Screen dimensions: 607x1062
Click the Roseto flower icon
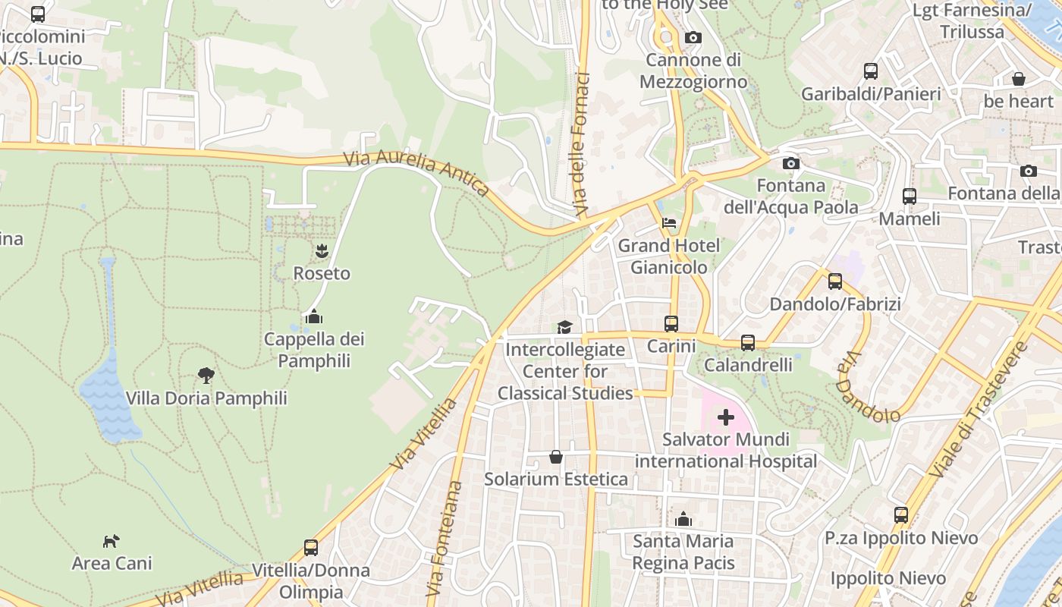tap(322, 250)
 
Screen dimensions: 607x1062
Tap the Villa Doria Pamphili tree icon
tap(206, 375)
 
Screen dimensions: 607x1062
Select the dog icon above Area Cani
tap(112, 541)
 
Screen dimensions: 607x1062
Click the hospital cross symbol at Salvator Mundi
tap(726, 417)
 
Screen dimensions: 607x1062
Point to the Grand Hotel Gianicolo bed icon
tap(669, 223)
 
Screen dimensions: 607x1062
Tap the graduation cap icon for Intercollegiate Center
tap(564, 327)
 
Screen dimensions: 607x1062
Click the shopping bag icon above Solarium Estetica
tap(556, 457)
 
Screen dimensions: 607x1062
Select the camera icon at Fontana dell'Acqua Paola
tap(790, 163)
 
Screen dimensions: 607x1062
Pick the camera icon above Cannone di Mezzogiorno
tap(693, 37)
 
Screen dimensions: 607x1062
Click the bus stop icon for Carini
tap(671, 324)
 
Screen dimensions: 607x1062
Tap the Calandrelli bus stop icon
tap(748, 343)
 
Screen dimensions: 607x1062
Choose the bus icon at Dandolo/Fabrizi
tap(835, 281)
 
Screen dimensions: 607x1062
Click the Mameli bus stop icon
tap(909, 197)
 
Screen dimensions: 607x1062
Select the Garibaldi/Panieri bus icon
tap(871, 71)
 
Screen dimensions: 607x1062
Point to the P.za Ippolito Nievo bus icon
tap(900, 515)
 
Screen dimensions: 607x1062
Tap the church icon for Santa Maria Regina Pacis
tap(683, 519)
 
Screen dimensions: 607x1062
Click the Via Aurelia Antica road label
tap(416, 174)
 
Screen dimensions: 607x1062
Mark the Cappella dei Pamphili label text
tap(314, 349)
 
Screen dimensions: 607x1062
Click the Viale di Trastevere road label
tap(979, 410)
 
